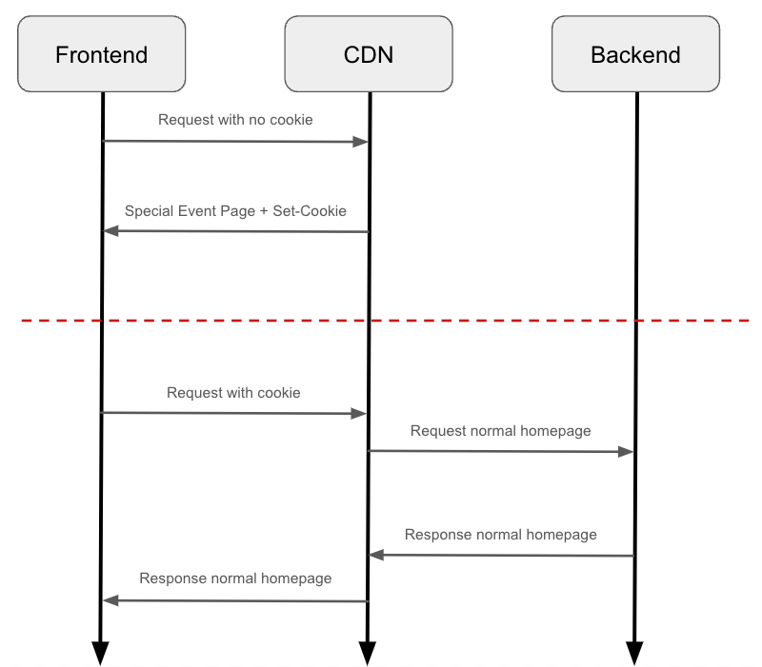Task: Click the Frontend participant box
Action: pyautogui.click(x=101, y=54)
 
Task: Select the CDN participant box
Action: pyautogui.click(x=368, y=54)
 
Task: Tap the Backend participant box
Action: pyautogui.click(x=635, y=54)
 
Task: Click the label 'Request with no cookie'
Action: pyautogui.click(x=235, y=120)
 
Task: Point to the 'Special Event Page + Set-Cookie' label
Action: pyautogui.click(x=235, y=210)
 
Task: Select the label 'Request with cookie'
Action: pyautogui.click(x=233, y=392)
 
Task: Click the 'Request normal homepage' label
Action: pyautogui.click(x=500, y=430)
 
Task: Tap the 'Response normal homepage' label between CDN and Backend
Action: pyautogui.click(x=500, y=534)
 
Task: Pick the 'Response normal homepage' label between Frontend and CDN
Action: pyautogui.click(x=235, y=578)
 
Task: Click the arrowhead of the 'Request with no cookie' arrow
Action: pyautogui.click(x=361, y=142)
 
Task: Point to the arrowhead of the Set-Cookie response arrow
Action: pyautogui.click(x=110, y=231)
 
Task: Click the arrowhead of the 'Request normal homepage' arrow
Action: pyautogui.click(x=627, y=452)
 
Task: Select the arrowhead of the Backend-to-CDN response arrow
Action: pyautogui.click(x=376, y=555)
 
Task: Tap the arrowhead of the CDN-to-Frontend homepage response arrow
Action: pyautogui.click(x=110, y=600)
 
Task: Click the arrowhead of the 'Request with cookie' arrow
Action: pyautogui.click(x=360, y=414)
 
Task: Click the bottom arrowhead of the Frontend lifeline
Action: pyautogui.click(x=100, y=654)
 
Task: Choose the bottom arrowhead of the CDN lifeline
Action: pyautogui.click(x=368, y=654)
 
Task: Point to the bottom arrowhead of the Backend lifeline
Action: pyautogui.click(x=634, y=654)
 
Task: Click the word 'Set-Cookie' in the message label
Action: pyautogui.click(x=310, y=210)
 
